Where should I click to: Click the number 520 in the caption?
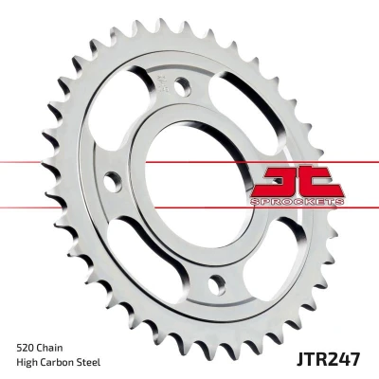coord(26,349)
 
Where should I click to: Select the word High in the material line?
coord(26,362)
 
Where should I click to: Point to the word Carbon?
coord(56,362)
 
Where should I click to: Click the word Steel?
coord(89,362)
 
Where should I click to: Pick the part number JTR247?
coord(328,360)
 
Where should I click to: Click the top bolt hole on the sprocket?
coord(183,86)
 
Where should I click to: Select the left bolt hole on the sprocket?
coord(113,182)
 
